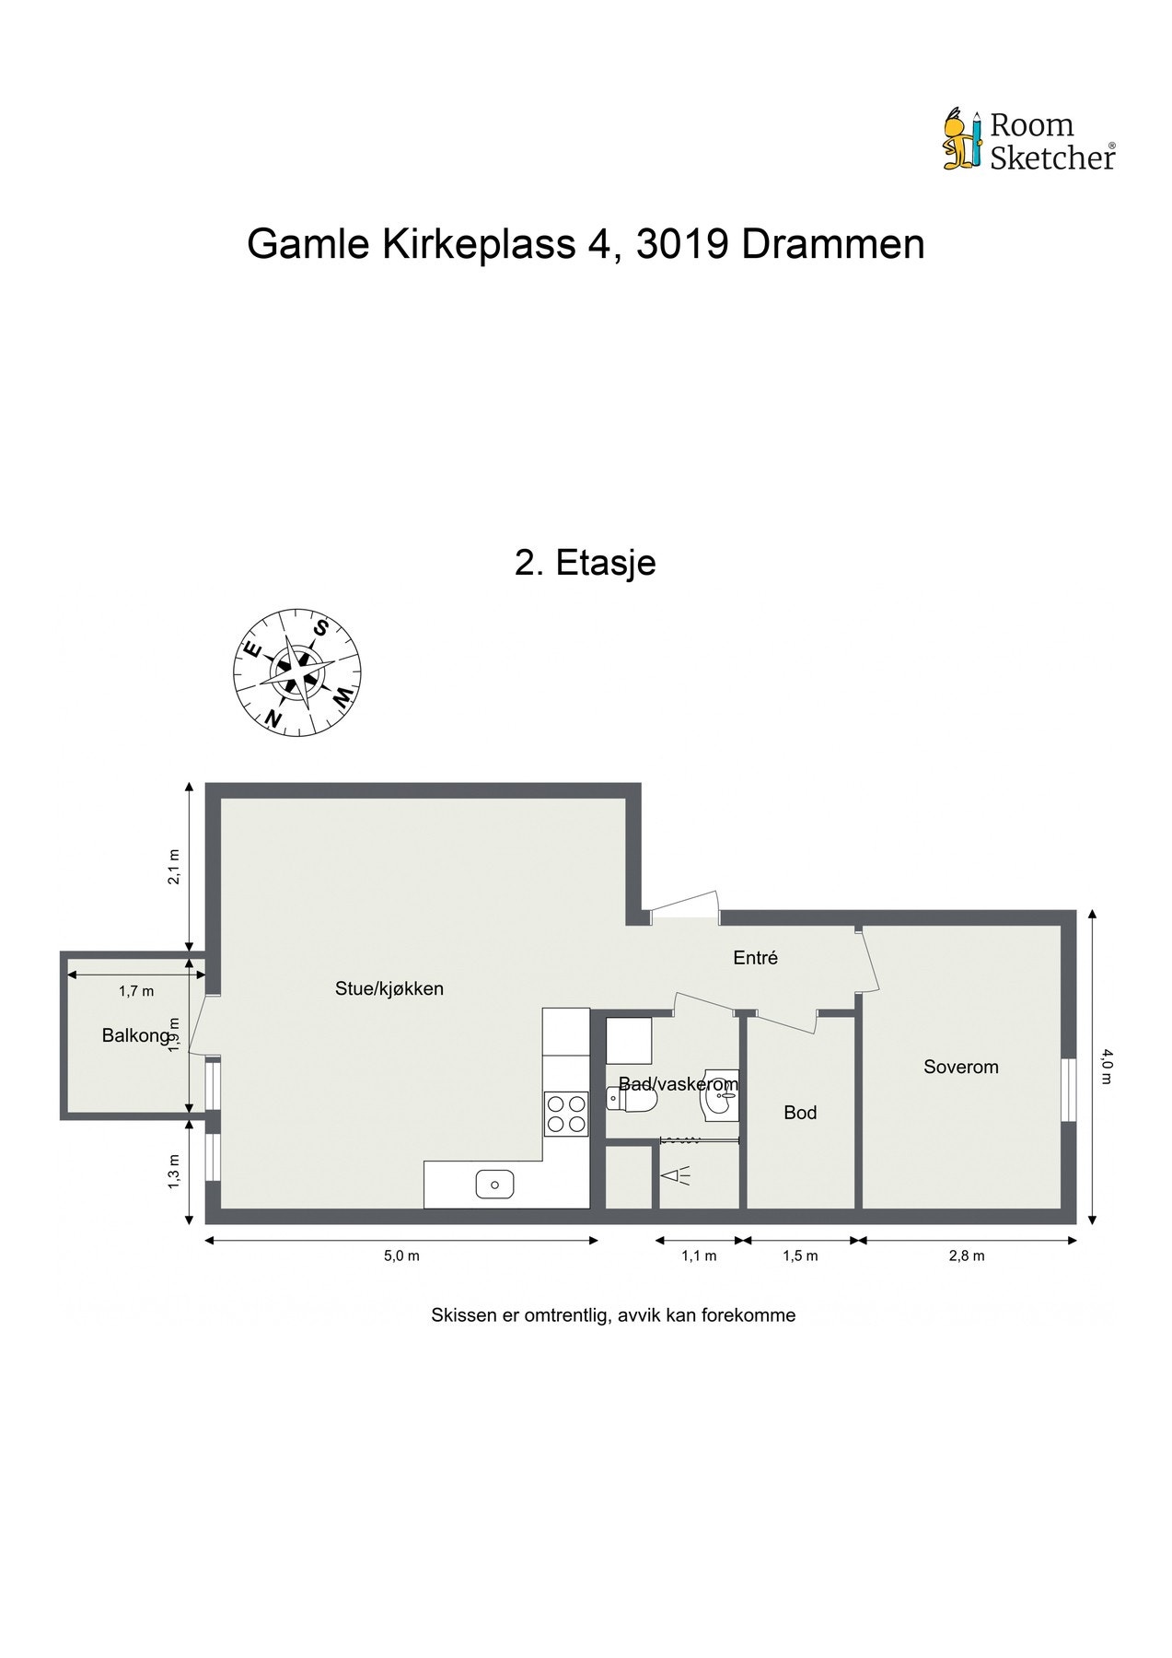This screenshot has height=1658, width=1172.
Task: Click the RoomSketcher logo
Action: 1028,141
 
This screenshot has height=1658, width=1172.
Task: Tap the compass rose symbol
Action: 296,671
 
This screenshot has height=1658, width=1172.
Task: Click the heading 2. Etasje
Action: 585,562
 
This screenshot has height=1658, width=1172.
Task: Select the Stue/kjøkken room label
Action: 389,989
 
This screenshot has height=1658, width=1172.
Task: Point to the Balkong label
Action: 135,1035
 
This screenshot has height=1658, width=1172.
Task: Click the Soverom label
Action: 960,1067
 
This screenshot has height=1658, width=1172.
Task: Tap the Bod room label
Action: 800,1113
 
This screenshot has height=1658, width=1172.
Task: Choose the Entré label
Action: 755,958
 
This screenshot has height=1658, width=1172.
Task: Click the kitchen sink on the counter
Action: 494,1184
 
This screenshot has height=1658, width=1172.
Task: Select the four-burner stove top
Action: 565,1112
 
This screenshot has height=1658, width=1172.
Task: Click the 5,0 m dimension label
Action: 401,1255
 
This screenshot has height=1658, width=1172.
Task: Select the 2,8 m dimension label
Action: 967,1255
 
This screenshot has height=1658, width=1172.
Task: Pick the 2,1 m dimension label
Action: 173,867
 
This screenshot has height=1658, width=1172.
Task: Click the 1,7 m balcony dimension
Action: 136,991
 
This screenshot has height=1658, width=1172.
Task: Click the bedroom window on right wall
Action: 1068,1090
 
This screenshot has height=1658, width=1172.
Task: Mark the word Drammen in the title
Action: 832,245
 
